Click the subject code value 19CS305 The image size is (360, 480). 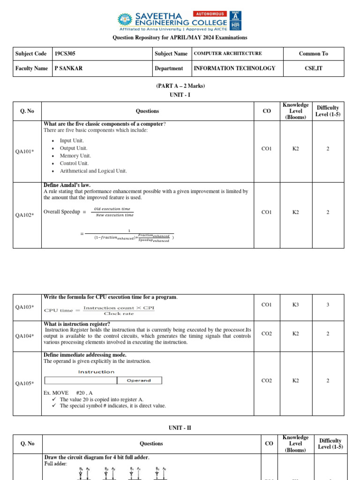(x=65, y=54)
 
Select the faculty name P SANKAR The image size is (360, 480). (x=67, y=68)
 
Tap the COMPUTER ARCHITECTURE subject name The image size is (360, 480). (x=228, y=54)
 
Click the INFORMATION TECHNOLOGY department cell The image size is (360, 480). (x=234, y=68)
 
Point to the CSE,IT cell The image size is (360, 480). (x=313, y=68)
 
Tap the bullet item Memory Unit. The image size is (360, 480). (x=75, y=156)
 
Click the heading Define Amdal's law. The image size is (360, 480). (x=67, y=185)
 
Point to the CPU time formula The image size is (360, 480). (x=99, y=310)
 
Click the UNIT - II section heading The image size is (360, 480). (x=180, y=428)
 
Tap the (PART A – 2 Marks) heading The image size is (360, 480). (x=180, y=86)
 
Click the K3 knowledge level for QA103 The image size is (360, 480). (x=295, y=305)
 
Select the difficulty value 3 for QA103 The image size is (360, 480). (x=328, y=305)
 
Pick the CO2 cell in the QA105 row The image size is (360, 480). (x=266, y=381)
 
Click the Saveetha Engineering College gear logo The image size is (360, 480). (x=125, y=20)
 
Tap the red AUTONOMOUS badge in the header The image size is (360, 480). (x=210, y=14)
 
